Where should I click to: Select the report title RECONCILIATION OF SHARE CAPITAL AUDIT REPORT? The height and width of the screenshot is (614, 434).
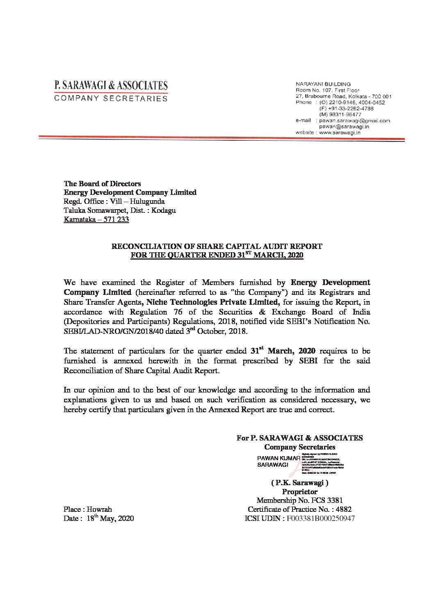[215, 247]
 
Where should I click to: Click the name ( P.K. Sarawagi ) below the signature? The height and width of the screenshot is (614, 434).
[299, 483]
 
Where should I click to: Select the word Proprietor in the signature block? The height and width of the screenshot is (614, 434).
[299, 491]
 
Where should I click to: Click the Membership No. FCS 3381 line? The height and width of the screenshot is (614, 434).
[299, 500]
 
